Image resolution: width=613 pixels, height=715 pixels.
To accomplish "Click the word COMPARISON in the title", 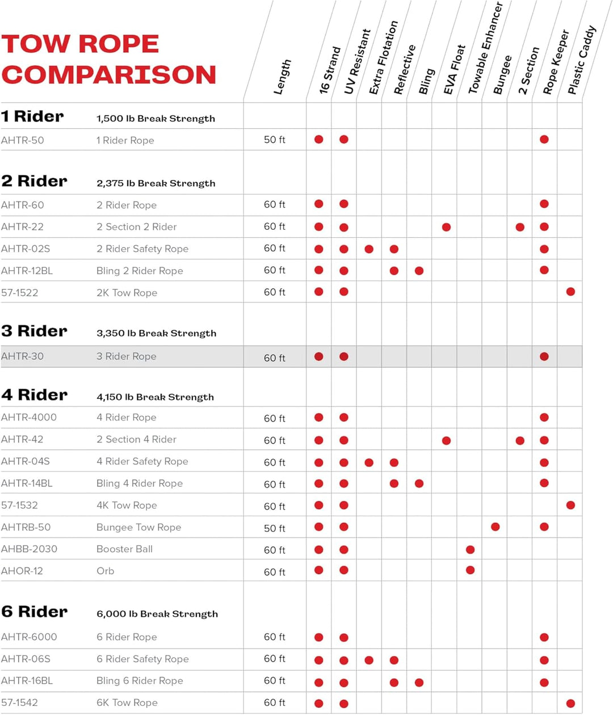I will point(109,75).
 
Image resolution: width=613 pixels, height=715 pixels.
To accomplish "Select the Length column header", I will point(282,77).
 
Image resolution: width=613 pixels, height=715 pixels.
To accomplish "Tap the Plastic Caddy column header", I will point(582,60).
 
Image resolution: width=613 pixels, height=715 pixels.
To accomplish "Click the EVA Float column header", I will point(454,69).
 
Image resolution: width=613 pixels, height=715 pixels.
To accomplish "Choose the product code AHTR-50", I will point(23,140).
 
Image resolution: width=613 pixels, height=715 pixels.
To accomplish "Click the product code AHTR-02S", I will point(26,249).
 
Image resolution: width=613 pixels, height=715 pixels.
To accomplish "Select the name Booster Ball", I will point(124,549).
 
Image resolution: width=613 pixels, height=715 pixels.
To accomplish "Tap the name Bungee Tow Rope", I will point(138,527).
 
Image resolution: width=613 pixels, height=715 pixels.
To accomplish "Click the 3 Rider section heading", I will point(35,331).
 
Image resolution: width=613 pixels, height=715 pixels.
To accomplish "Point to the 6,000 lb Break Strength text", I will point(157,614).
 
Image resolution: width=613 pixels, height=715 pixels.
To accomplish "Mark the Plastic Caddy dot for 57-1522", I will point(570,292).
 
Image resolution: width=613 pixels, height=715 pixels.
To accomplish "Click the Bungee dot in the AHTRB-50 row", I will point(496,527).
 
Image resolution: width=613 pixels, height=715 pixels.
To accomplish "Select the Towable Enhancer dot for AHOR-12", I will point(470,570).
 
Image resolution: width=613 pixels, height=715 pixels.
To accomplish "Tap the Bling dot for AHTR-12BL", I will point(419,271).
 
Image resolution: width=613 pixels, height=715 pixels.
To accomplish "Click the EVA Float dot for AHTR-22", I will point(446,227).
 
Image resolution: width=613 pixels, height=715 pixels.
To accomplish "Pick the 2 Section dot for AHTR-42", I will point(520,440).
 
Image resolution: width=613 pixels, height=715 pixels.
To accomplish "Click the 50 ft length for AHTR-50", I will point(275,140).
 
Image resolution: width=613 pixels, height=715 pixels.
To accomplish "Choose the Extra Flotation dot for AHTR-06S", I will point(369,660).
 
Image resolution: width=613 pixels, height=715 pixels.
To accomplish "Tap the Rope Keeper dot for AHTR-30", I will point(544,356).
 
